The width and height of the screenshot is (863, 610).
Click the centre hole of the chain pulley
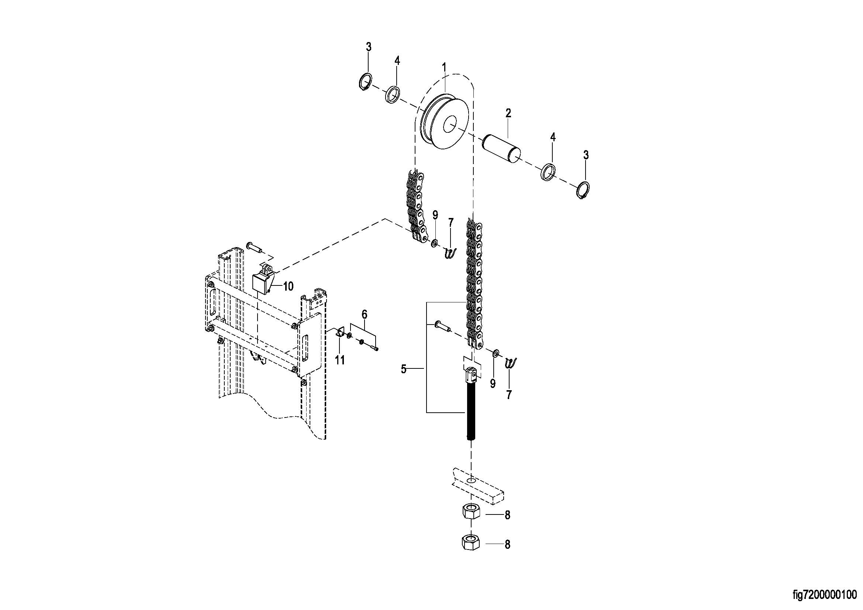pyautogui.click(x=449, y=124)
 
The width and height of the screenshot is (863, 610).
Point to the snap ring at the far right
pyautogui.click(x=583, y=190)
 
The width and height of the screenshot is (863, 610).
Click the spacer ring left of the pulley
pyautogui.click(x=392, y=95)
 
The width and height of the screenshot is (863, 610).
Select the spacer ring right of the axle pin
pyautogui.click(x=549, y=171)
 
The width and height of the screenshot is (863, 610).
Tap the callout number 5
pyautogui.click(x=404, y=370)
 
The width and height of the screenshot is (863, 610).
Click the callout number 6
pyautogui.click(x=364, y=314)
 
